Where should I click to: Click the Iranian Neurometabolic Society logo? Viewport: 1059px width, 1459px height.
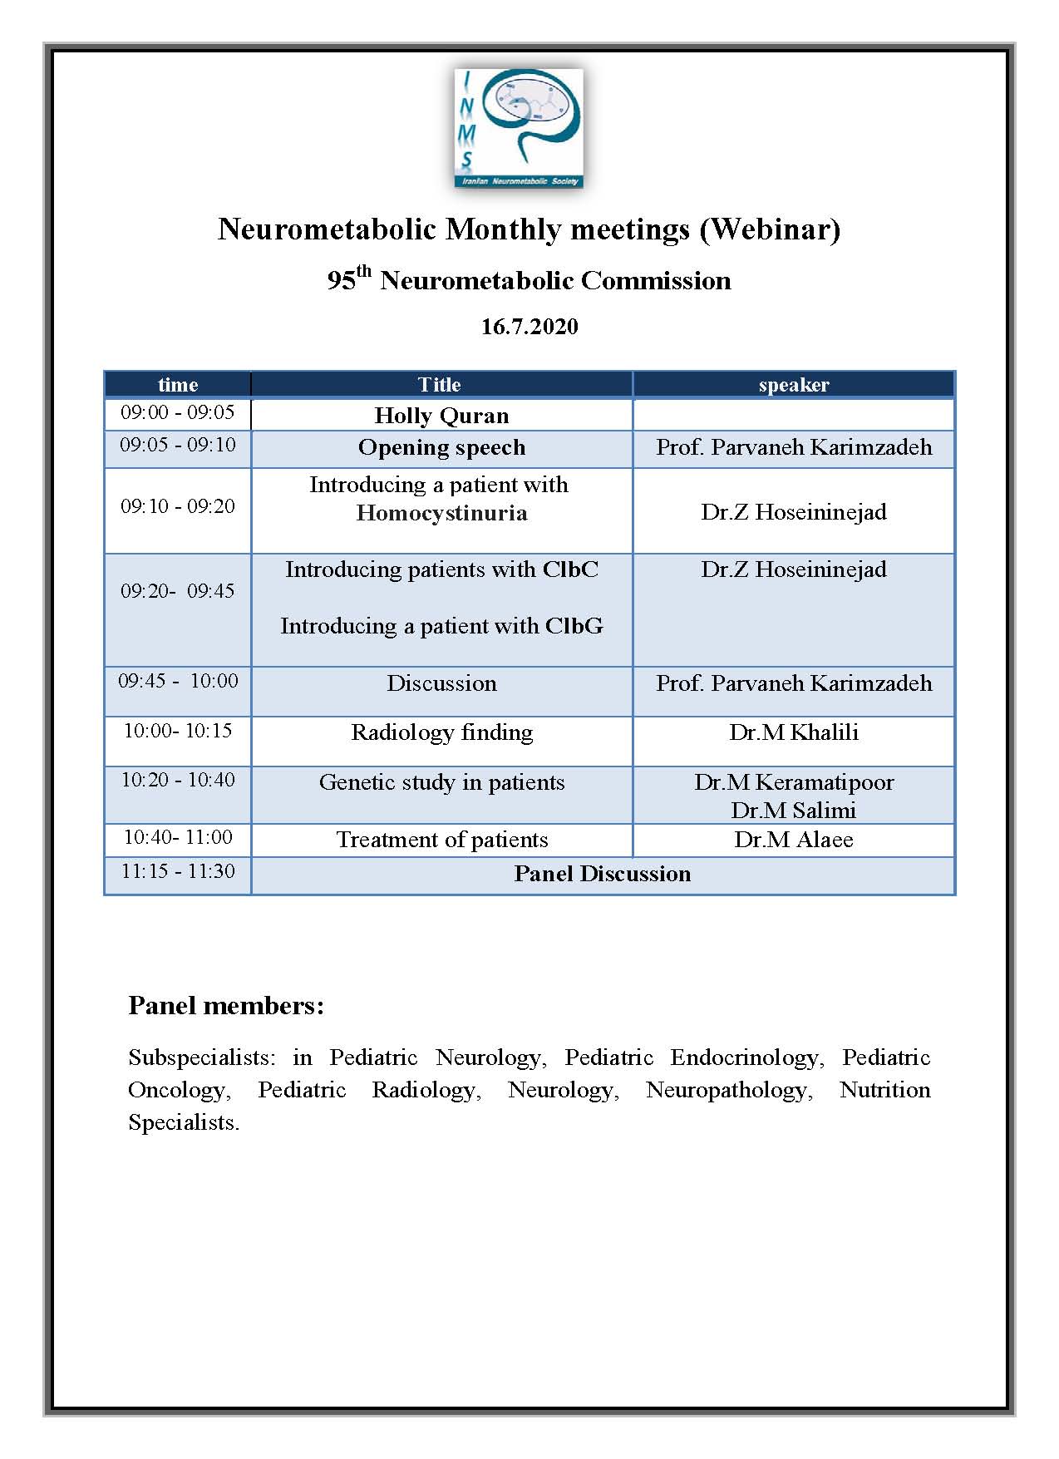519,128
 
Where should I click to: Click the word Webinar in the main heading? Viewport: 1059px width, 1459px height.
770,229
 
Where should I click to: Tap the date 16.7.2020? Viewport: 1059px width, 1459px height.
529,327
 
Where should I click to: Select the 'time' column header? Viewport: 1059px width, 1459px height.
178,384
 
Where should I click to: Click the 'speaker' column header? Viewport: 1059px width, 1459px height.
794,384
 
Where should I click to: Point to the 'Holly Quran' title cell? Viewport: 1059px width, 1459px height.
441,415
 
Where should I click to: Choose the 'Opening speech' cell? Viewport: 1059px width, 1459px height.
441,447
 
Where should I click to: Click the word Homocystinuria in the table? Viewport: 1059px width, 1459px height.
441,513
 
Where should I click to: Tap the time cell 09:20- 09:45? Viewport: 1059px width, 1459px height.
178,591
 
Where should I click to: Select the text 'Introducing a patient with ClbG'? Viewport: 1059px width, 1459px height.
441,626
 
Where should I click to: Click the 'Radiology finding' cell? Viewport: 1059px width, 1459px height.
441,732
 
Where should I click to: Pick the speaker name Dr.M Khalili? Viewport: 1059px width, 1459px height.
794,732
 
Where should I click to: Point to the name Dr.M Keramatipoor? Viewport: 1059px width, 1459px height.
794,782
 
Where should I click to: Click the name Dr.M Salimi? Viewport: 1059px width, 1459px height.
794,810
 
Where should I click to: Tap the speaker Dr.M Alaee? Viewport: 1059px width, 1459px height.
794,840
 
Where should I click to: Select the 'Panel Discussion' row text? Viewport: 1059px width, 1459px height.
602,874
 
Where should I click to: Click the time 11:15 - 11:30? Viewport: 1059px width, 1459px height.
178,871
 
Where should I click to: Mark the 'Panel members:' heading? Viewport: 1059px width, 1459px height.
226,1006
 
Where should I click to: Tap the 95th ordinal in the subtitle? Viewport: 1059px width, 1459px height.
348,279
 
